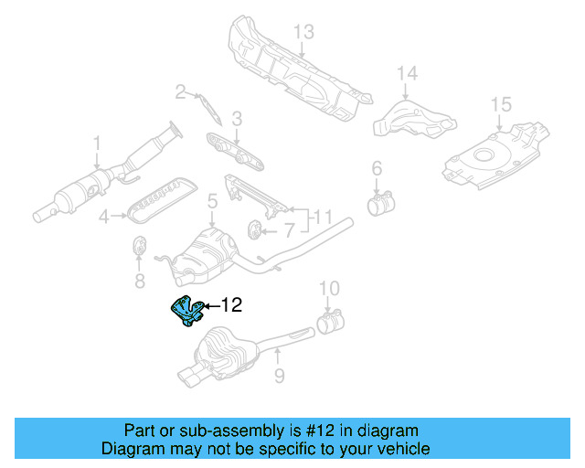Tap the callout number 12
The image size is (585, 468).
pos(231,305)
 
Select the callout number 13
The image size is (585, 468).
pos(303,33)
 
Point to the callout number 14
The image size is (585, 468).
pos(407,73)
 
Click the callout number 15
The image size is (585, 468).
pos(500,104)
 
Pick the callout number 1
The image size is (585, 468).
pos(96,143)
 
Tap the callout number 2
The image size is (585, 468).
pos(181,90)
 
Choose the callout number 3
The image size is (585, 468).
pos(237,118)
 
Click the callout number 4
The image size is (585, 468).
pos(104,217)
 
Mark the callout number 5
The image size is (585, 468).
pos(211,200)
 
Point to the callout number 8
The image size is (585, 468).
pos(140,280)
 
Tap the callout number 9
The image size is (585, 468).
pos(280,375)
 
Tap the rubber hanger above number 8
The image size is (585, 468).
pos(141,247)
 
